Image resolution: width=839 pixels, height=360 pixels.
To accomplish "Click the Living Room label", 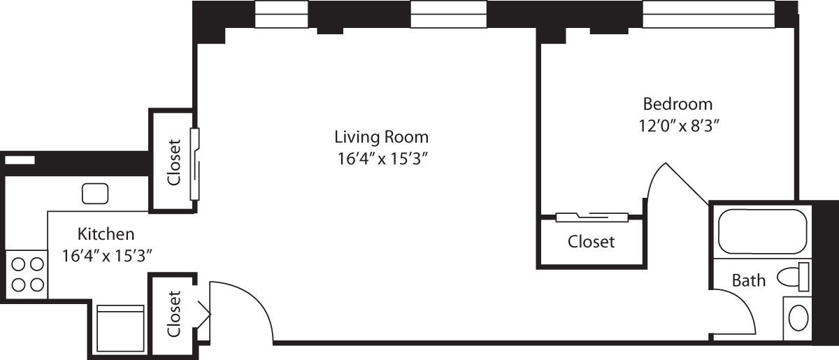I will pos(381,136).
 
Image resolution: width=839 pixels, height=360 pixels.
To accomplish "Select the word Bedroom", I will pos(677,104).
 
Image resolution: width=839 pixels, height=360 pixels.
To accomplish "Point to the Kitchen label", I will pos(106,233).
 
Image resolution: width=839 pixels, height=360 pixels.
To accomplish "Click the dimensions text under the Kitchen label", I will pos(107,255).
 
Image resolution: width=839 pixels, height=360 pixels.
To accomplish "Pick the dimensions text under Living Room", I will pos(381,159).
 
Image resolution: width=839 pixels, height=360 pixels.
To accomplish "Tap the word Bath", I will pos(748,281).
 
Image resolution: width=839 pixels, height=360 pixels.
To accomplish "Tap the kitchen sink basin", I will pos(94,192).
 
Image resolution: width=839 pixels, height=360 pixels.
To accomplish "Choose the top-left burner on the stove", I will pos(19,264).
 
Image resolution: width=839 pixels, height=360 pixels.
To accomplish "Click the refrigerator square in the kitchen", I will pos(120,329).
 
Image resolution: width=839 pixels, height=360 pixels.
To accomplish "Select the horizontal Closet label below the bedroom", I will pos(591,242).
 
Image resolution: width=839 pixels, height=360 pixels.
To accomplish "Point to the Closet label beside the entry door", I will pos(174,313).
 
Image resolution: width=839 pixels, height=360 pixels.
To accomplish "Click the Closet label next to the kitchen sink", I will pos(173,161).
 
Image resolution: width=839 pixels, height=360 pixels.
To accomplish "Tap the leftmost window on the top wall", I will pos(282,15).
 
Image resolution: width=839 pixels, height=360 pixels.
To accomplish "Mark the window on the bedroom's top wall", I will pos(708,15).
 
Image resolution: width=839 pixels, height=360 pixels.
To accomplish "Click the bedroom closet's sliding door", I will pos(591,217).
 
